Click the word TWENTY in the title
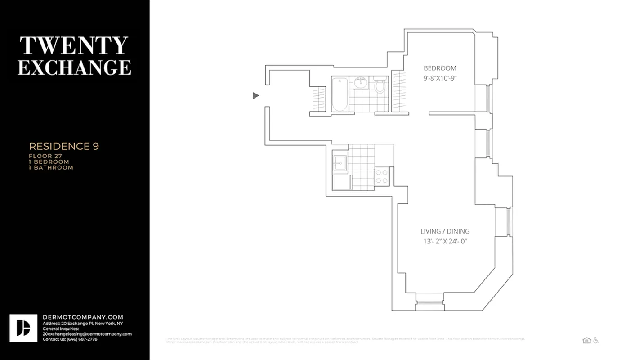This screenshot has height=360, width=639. click(74, 45)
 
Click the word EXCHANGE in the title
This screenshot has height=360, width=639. click(75, 67)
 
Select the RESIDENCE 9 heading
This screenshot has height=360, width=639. click(64, 146)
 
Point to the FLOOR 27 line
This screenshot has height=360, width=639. click(46, 156)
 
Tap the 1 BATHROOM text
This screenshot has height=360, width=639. click(51, 167)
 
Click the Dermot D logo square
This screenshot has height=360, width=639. click(23, 328)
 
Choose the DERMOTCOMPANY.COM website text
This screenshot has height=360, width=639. click(83, 317)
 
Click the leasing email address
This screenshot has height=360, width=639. click(87, 334)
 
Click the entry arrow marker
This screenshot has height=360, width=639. click(256, 95)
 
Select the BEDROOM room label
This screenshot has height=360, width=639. click(440, 68)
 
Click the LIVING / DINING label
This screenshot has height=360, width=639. click(445, 231)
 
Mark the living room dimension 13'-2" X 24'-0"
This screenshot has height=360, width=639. click(445, 241)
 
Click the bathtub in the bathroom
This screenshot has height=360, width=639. click(340, 94)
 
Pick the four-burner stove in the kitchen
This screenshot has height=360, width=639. click(382, 176)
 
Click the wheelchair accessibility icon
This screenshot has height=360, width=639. click(596, 340)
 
